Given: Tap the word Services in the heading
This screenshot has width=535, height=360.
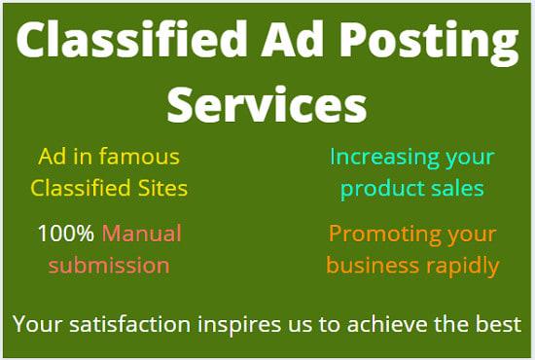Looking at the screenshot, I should (267, 103).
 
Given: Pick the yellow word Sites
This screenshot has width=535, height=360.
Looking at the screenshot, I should (160, 188).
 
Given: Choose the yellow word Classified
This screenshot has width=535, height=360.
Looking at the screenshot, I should (79, 188).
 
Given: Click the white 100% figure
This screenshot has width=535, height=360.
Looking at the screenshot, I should (66, 234).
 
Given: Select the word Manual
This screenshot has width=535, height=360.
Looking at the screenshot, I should (142, 234).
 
